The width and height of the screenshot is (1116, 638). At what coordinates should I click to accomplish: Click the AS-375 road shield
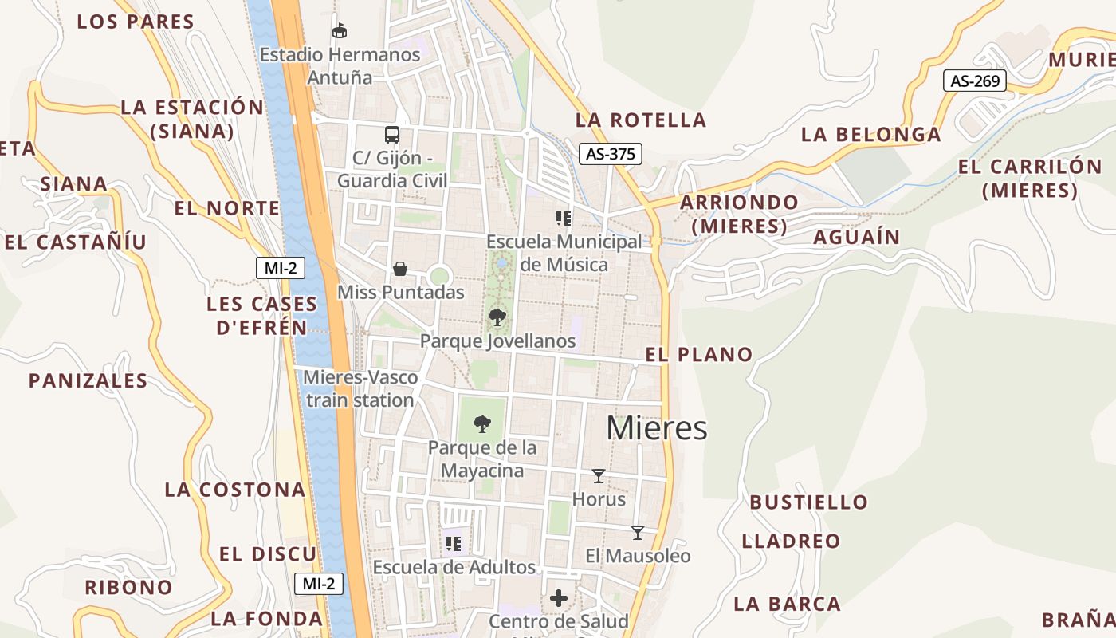pyautogui.click(x=610, y=154)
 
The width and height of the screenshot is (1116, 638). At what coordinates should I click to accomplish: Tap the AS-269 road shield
pyautogui.click(x=975, y=81)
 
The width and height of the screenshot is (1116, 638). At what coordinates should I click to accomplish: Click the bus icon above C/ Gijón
pyautogui.click(x=391, y=134)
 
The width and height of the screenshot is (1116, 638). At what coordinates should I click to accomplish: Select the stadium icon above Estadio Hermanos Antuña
pyautogui.click(x=340, y=30)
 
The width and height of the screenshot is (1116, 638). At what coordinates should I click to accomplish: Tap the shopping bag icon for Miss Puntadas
pyautogui.click(x=400, y=269)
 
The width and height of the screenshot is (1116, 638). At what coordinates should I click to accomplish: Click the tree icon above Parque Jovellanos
pyautogui.click(x=497, y=317)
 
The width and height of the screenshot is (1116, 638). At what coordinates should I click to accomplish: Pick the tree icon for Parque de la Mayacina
pyautogui.click(x=481, y=423)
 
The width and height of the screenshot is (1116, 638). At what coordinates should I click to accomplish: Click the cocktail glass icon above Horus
pyautogui.click(x=599, y=476)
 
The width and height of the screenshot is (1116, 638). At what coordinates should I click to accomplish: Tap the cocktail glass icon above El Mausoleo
pyautogui.click(x=637, y=532)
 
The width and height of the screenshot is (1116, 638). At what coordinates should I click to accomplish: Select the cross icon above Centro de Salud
pyautogui.click(x=559, y=597)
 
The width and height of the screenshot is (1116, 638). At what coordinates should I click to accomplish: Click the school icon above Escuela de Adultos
pyautogui.click(x=454, y=544)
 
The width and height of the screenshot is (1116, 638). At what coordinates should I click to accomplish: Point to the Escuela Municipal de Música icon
pyautogui.click(x=564, y=218)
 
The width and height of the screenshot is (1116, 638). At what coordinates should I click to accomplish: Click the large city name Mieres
pyautogui.click(x=657, y=428)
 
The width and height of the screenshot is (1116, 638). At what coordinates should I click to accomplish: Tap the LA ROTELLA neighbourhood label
pyautogui.click(x=641, y=120)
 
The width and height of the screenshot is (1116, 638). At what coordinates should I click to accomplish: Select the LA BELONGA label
pyautogui.click(x=870, y=135)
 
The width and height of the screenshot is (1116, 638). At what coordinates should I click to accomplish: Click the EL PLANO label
pyautogui.click(x=699, y=355)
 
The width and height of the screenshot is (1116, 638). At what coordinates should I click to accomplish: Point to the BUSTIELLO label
pyautogui.click(x=808, y=502)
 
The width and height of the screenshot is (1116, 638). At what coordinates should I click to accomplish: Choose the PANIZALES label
pyautogui.click(x=88, y=381)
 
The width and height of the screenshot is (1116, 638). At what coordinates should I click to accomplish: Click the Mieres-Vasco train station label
pyautogui.click(x=360, y=388)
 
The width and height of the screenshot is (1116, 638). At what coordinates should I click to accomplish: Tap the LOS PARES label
pyautogui.click(x=136, y=22)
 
